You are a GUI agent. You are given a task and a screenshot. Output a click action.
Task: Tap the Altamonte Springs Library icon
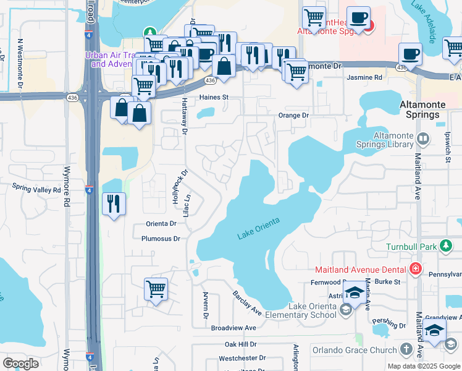point(423,138)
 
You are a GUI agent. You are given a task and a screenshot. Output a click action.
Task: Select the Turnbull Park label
point(412,247)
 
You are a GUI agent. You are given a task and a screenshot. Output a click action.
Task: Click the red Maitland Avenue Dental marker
point(416,269)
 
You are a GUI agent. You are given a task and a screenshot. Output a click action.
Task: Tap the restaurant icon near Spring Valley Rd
point(114,203)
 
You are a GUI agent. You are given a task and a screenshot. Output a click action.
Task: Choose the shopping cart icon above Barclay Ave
point(156,289)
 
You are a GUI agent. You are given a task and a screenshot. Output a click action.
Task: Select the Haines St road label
point(214,98)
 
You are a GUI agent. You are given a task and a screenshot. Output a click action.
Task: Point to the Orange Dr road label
point(293,115)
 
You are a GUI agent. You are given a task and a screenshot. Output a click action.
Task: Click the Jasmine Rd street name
point(364,77)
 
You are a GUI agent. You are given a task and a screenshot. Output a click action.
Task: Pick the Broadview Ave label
point(233,328)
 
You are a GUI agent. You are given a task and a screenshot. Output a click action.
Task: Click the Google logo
point(20,363)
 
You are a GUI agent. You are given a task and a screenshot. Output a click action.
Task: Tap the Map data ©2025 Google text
point(424,366)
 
